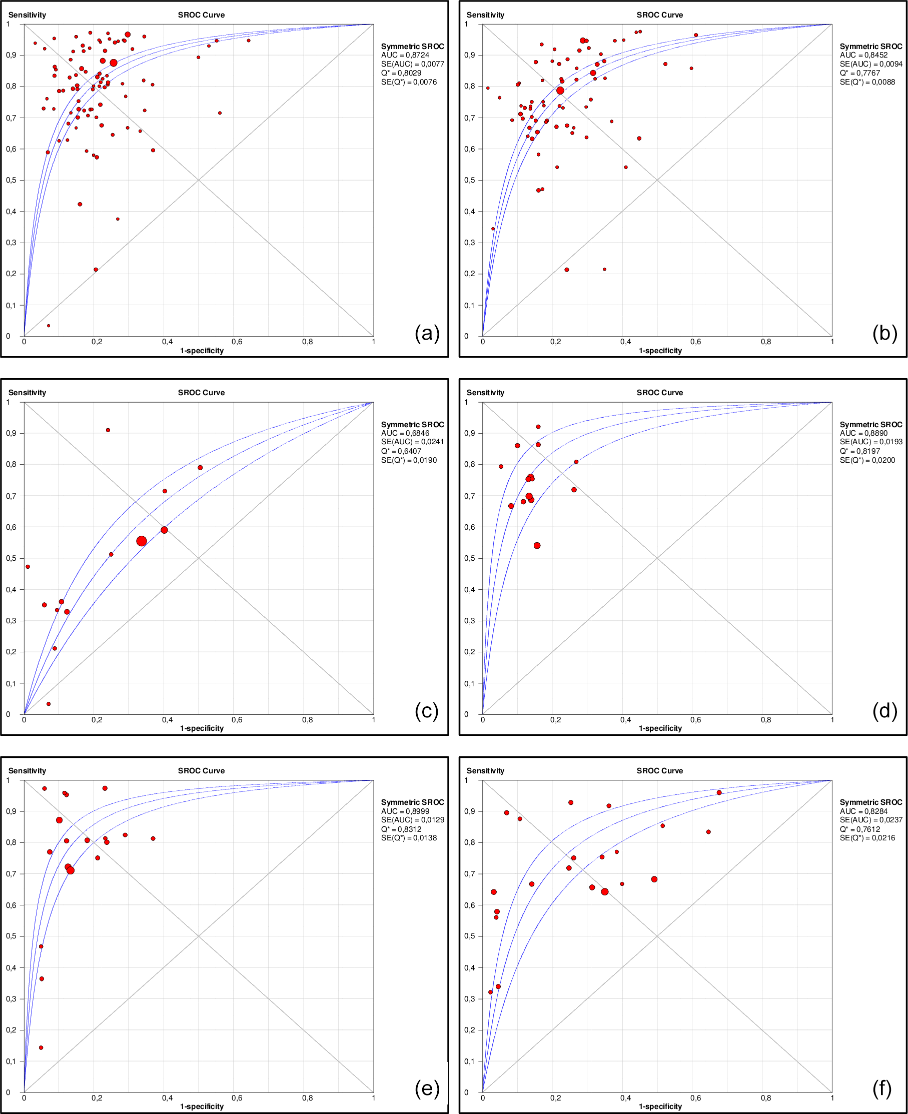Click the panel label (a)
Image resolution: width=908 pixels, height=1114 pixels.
427,333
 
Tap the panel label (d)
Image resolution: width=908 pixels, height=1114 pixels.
884,711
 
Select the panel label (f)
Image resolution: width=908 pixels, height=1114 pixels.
882,1088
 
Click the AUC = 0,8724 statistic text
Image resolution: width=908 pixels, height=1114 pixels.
405,55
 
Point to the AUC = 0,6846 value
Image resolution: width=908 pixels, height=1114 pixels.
405,433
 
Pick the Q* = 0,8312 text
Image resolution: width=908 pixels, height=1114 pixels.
401,829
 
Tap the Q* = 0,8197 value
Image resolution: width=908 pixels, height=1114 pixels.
860,451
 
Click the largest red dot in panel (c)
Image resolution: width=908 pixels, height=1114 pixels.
141,541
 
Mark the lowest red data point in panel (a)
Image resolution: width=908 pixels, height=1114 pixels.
49,326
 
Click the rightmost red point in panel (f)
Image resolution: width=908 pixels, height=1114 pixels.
719,793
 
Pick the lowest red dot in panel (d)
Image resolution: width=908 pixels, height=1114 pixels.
537,545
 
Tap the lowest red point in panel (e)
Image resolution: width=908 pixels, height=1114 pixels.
41,1047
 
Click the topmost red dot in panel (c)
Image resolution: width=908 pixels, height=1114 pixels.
108,430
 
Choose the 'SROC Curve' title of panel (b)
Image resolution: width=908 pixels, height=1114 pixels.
659,15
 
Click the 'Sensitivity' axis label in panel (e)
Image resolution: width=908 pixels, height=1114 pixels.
27,771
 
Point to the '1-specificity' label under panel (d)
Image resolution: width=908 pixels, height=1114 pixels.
660,728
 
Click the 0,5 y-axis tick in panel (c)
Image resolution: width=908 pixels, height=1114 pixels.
11,558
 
